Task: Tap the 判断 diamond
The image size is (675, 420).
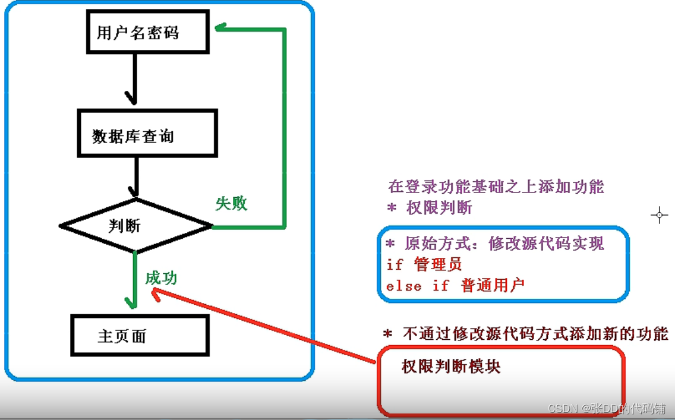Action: pyautogui.click(x=135, y=226)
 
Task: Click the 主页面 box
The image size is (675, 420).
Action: pyautogui.click(x=140, y=336)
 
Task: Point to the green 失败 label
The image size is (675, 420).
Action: pyautogui.click(x=231, y=204)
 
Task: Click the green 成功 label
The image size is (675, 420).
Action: pyautogui.click(x=161, y=278)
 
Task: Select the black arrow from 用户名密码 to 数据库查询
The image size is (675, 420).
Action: pyautogui.click(x=135, y=77)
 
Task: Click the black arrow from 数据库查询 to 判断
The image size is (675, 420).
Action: pyautogui.click(x=136, y=175)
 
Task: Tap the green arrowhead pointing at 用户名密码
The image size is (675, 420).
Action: pyautogui.click(x=221, y=27)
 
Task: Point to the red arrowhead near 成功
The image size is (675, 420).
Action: pyautogui.click(x=156, y=292)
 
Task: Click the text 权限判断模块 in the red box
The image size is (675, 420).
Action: pyautogui.click(x=451, y=367)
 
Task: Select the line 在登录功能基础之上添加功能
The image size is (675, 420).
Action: pyautogui.click(x=496, y=187)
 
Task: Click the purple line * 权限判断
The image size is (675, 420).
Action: pyautogui.click(x=429, y=208)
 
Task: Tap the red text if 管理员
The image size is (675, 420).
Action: pyautogui.click(x=424, y=264)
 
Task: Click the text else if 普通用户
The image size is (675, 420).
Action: pyautogui.click(x=455, y=286)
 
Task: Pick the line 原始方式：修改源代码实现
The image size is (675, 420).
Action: pyautogui.click(x=494, y=244)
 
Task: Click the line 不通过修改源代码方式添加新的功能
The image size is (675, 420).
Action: pyautogui.click(x=526, y=334)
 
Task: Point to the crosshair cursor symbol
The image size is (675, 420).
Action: pyautogui.click(x=659, y=215)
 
